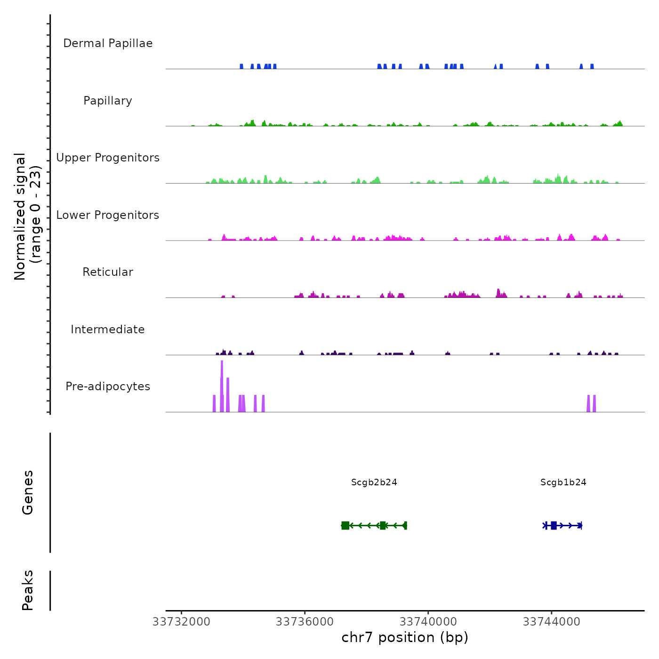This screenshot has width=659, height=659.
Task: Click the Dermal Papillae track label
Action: pos(108,43)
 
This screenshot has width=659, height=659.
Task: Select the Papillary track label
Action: pos(108,101)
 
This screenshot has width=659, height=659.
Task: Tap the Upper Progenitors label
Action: pos(108,158)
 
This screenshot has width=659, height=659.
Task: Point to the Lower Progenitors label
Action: pos(108,215)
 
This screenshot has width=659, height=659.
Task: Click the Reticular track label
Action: pos(108,272)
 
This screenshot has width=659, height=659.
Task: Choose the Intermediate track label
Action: pos(108,329)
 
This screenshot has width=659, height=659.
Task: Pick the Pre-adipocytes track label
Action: pos(108,386)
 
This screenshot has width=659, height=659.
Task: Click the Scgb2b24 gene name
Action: pos(374,482)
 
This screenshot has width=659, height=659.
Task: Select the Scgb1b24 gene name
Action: pos(563,482)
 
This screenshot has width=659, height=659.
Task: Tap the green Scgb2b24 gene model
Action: pos(374,525)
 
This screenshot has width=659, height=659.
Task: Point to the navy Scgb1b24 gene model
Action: pos(563,525)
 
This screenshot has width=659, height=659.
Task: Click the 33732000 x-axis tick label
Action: pos(181,622)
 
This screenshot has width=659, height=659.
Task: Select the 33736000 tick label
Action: pos(305,622)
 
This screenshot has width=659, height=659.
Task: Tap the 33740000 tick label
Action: pos(428,622)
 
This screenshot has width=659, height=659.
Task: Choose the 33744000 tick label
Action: pos(552,622)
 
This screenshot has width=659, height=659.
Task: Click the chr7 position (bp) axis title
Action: pos(405,637)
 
